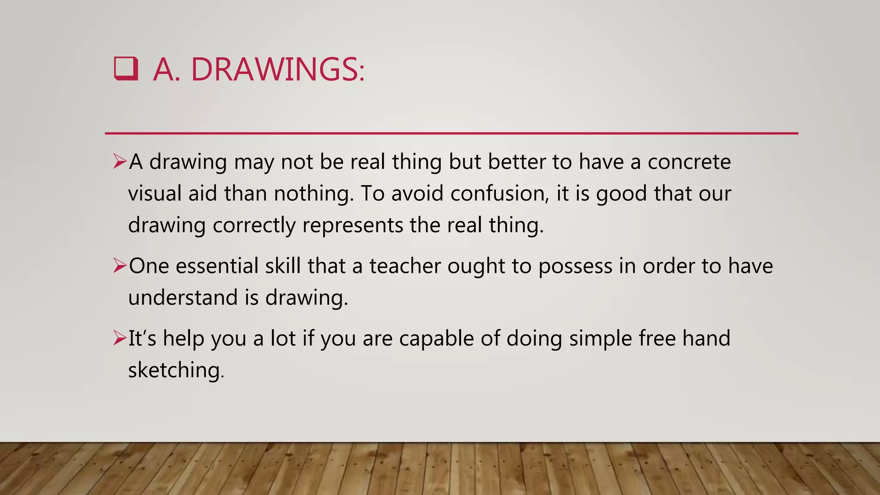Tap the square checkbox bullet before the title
pos(126,69)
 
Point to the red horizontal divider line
pos(451,134)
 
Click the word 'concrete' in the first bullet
pos(689,162)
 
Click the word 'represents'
pos(353,225)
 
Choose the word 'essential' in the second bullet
pos(217,266)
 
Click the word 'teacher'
pos(405,266)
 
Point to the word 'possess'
pos(575,266)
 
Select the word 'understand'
pos(183,297)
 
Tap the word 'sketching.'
pos(176,370)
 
